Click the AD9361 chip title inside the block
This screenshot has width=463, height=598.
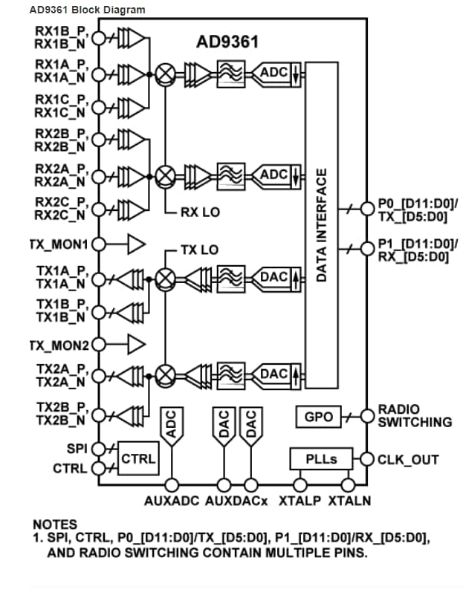227,42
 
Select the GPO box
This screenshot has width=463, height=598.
318,417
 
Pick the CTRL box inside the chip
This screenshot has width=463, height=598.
138,459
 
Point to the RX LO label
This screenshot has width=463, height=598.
200,212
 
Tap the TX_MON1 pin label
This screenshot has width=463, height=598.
59,244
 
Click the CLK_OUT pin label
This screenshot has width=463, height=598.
408,459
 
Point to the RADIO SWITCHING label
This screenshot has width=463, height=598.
414,416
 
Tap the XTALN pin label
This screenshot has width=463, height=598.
350,501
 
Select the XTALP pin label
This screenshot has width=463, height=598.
301,501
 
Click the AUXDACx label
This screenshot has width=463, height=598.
237,501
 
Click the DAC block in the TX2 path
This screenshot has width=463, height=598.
274,374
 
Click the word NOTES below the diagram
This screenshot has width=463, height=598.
54,524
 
